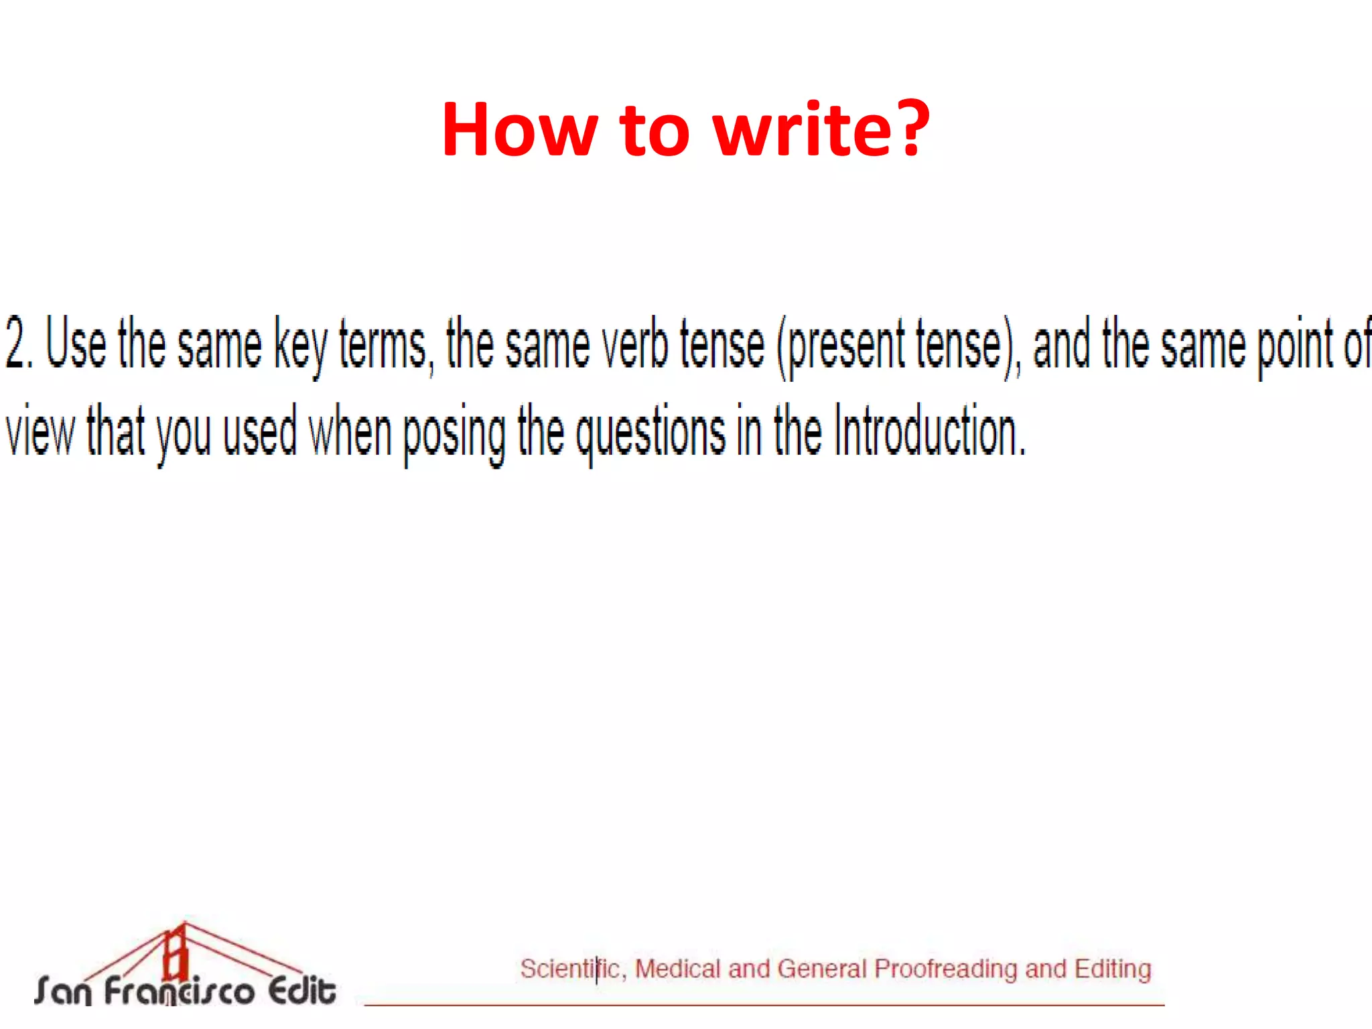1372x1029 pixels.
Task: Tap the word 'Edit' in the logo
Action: pyautogui.click(x=301, y=990)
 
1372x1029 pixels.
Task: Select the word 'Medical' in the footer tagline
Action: pyautogui.click(x=677, y=969)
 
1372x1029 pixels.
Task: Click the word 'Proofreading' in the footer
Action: pyautogui.click(x=945, y=969)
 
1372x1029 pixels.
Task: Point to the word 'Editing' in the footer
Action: pyautogui.click(x=1113, y=969)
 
